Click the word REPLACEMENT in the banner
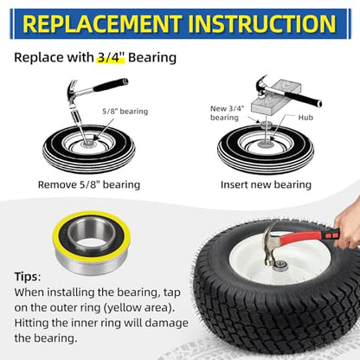tap(101, 24)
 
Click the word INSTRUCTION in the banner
tap(262, 24)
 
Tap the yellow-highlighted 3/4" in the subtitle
tap(111, 57)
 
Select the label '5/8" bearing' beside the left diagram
tap(125, 112)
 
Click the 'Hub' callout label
tap(305, 118)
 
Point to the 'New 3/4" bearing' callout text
tap(228, 113)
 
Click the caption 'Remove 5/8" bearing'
tap(89, 184)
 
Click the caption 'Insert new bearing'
tap(266, 184)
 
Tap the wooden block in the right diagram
tap(276, 98)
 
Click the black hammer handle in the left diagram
tap(111, 85)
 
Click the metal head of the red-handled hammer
tap(270, 245)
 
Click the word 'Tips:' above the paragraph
tap(28, 277)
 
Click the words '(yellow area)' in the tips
tap(138, 308)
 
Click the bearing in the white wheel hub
tap(280, 264)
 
